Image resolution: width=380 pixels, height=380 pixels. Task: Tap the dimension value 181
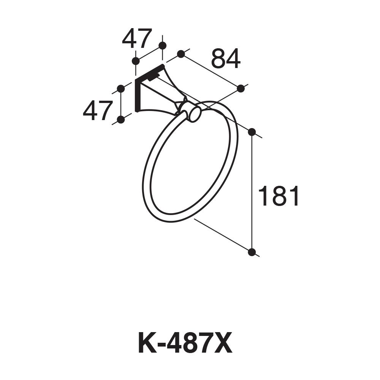279,196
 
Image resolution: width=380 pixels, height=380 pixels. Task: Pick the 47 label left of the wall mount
98,111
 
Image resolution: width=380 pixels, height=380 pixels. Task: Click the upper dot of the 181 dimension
252,132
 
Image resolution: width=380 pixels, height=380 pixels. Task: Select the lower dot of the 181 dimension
252,252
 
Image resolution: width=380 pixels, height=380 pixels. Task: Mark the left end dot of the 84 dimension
181,54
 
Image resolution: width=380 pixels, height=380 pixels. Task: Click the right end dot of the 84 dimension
241,89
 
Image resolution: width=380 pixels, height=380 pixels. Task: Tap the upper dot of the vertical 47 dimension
121,89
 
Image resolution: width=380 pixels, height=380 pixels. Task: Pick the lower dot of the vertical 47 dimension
121,120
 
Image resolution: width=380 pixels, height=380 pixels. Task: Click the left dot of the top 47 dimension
135,61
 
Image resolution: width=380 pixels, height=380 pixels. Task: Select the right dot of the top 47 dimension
162,46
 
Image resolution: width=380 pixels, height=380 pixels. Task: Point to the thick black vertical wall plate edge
136,97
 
